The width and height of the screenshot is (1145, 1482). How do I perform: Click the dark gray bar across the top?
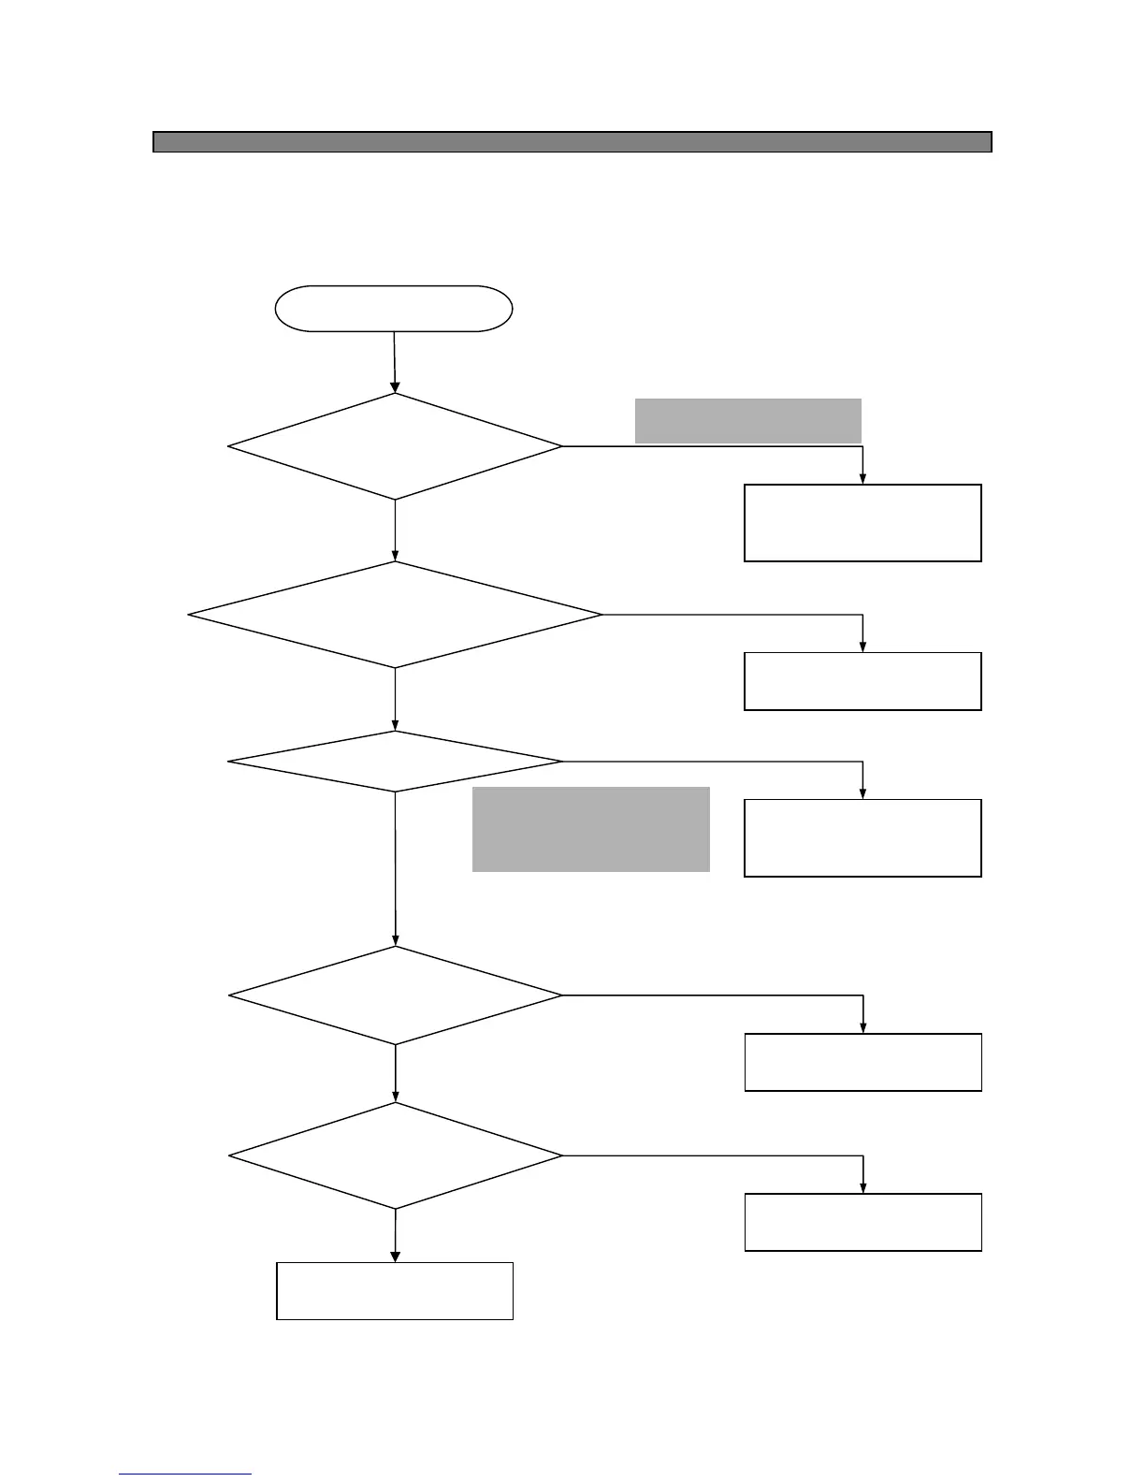572,142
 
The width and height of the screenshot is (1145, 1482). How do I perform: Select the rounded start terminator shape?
394,309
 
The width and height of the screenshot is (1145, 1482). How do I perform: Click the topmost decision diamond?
395,446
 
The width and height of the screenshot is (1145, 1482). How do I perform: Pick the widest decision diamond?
395,615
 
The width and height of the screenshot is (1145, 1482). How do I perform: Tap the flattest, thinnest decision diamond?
395,762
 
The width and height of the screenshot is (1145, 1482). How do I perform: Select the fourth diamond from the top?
395,995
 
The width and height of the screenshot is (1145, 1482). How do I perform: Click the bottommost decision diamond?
395,1155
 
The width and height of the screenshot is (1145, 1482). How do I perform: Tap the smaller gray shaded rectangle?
747,420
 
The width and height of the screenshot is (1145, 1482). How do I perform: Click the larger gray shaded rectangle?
590,829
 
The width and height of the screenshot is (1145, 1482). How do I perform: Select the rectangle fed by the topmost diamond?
862,523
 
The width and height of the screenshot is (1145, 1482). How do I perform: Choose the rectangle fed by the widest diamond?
862,681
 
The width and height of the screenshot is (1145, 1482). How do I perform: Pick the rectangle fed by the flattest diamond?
862,837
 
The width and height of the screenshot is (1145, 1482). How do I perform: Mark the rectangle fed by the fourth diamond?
862,1062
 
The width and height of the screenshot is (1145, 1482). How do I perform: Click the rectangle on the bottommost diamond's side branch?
862,1222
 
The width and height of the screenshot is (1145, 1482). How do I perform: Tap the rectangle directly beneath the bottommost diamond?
395,1291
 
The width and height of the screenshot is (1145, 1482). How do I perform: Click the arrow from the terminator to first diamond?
394,361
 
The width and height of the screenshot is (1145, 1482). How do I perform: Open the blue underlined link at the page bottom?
185,1475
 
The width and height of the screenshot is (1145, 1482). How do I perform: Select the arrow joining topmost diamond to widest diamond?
395,530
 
